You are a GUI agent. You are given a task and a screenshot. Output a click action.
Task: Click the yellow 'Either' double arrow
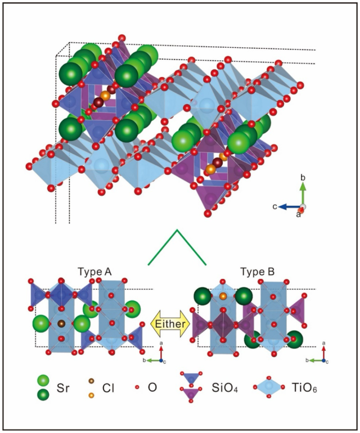170,323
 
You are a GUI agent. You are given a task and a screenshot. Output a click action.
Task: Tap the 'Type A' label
94,272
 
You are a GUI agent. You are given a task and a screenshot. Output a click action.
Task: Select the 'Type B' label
258,272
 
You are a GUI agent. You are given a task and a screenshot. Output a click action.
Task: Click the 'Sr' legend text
62,388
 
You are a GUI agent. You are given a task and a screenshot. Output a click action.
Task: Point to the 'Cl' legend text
108,388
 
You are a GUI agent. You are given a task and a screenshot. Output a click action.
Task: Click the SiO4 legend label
224,388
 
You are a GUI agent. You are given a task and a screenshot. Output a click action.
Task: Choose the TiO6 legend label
304,388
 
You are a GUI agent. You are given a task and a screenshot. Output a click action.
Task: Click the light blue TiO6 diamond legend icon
268,387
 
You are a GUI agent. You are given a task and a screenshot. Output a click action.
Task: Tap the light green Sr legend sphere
43,381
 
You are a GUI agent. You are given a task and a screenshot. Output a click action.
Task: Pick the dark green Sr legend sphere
43,395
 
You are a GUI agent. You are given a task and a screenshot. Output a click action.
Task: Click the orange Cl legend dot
91,395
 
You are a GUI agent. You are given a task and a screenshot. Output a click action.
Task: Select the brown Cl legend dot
91,381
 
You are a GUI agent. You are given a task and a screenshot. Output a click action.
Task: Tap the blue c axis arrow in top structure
290,206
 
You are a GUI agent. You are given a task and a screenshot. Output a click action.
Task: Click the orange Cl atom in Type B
223,296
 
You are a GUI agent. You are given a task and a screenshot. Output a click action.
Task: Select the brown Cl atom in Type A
61,323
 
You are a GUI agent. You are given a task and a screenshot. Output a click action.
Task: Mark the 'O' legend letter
152,387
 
